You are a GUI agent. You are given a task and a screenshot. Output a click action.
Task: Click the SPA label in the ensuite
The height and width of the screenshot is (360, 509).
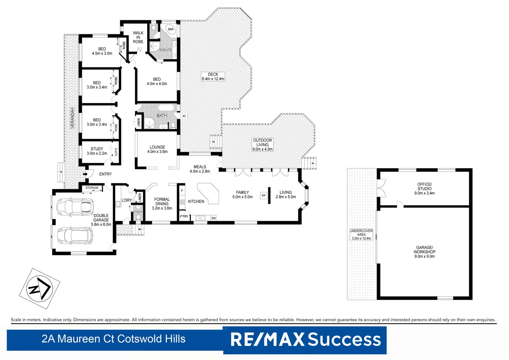[171, 29]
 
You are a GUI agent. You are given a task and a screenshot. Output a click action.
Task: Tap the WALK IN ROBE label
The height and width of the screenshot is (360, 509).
[138, 37]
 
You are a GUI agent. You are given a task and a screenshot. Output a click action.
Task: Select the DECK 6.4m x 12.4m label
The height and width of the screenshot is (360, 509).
[213, 77]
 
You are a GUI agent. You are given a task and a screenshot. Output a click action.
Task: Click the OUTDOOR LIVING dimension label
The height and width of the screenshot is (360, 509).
[262, 145]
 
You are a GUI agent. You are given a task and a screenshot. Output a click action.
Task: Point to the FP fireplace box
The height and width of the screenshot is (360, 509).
[263, 196]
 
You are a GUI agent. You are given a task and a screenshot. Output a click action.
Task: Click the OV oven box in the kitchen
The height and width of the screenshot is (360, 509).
[214, 218]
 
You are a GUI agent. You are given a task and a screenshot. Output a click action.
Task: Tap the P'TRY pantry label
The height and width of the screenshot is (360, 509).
[184, 216]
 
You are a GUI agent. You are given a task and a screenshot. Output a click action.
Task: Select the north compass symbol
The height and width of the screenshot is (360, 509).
[39, 288]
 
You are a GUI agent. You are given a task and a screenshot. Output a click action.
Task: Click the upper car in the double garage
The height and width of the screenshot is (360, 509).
[74, 207]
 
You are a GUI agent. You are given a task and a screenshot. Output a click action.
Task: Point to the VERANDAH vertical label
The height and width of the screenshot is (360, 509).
[72, 118]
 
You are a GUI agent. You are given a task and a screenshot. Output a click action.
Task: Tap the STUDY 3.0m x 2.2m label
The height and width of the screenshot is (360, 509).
[97, 151]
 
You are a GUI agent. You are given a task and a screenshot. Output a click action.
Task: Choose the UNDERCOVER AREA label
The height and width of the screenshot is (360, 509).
[361, 234]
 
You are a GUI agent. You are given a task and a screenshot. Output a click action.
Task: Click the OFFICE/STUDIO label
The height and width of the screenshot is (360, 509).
[424, 189]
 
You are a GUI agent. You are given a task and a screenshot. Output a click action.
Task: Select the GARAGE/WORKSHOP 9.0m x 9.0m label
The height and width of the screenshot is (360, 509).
[424, 252]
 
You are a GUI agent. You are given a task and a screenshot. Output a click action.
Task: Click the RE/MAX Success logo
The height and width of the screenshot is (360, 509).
[305, 340]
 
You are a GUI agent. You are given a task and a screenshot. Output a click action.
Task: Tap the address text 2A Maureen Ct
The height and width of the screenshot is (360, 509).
[113, 339]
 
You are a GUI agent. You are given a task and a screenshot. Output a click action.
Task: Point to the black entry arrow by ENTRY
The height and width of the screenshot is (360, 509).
[85, 174]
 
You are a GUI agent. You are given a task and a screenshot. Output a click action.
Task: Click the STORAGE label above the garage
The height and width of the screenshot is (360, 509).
[92, 188]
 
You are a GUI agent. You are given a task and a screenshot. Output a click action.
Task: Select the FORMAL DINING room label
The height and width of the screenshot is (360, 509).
[162, 204]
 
